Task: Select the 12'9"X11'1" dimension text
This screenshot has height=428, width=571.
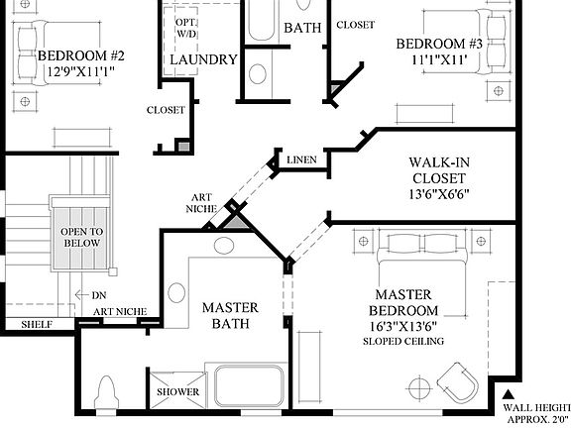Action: pyautogui.click(x=80, y=72)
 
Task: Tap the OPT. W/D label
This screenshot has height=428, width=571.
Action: pyautogui.click(x=186, y=29)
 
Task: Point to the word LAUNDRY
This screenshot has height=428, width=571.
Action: pyautogui.click(x=203, y=59)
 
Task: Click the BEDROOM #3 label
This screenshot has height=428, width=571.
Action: pyautogui.click(x=439, y=44)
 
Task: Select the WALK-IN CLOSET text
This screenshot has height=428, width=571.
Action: pyautogui.click(x=437, y=170)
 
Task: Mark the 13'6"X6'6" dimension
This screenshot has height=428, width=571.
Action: pyautogui.click(x=437, y=193)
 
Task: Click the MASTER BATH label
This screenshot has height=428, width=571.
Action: pyautogui.click(x=231, y=315)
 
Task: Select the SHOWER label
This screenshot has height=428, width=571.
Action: pyautogui.click(x=178, y=392)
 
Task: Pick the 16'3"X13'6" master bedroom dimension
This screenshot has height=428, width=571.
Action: pyautogui.click(x=402, y=326)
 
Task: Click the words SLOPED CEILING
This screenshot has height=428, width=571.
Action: pyautogui.click(x=402, y=342)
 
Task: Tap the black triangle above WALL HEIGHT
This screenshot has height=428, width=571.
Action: pyautogui.click(x=509, y=392)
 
